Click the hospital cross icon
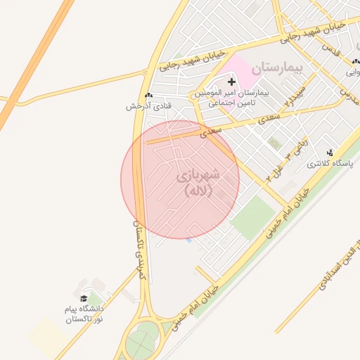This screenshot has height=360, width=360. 232,82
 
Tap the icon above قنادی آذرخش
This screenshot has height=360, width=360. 148,95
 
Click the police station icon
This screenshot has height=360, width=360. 331,152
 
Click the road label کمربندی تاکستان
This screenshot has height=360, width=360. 139,250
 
